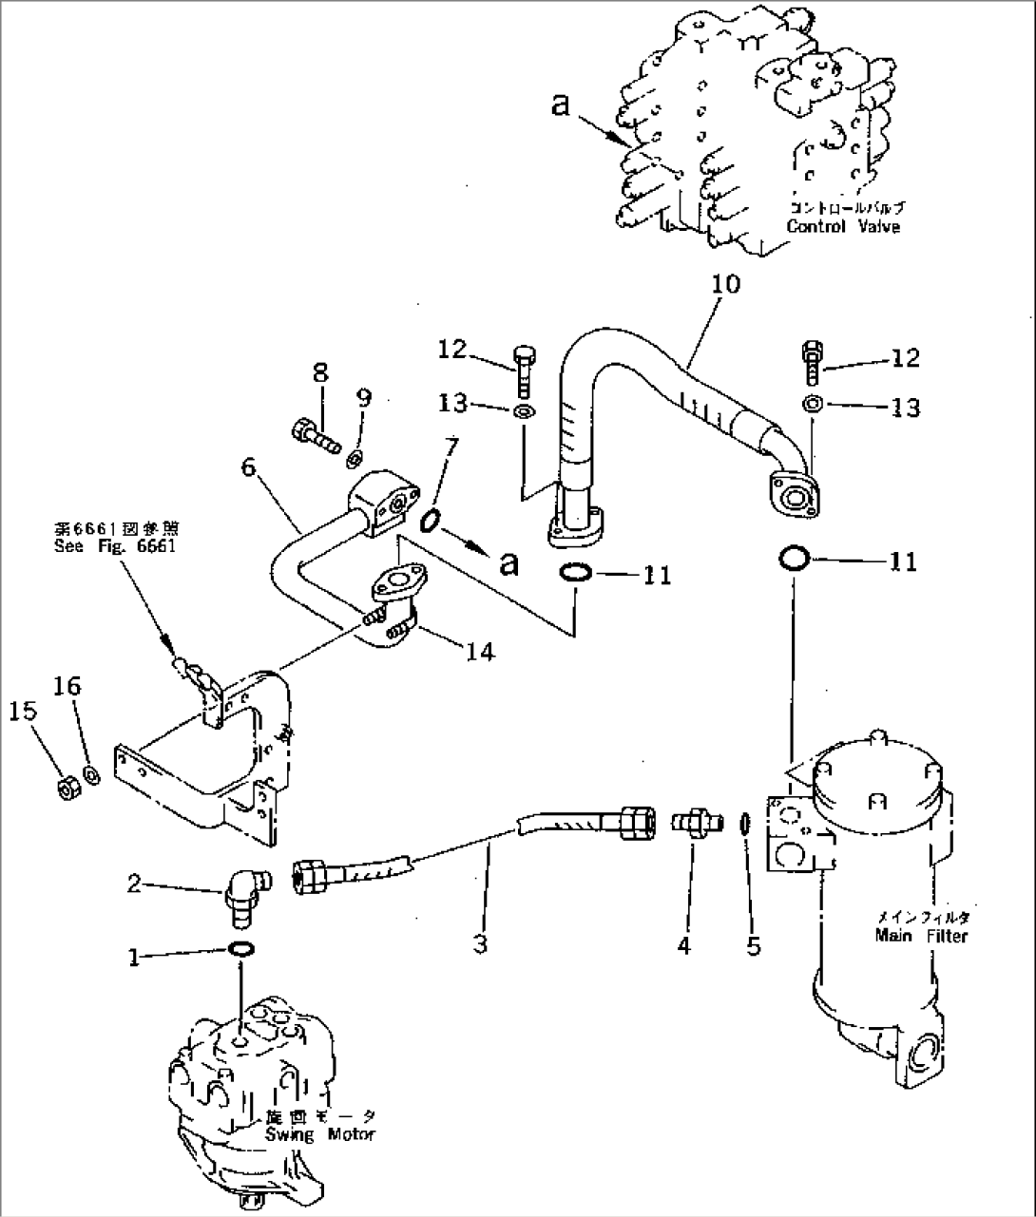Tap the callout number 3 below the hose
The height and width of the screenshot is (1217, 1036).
[x=481, y=944]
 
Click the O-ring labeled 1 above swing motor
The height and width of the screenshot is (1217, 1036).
[x=241, y=948]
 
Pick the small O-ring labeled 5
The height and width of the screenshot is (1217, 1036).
[x=746, y=824]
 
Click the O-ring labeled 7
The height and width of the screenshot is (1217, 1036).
[x=430, y=520]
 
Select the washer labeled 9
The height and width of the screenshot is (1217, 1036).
[x=353, y=460]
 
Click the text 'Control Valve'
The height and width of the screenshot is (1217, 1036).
[x=842, y=227]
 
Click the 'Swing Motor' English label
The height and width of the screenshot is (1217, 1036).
[x=319, y=1134]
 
